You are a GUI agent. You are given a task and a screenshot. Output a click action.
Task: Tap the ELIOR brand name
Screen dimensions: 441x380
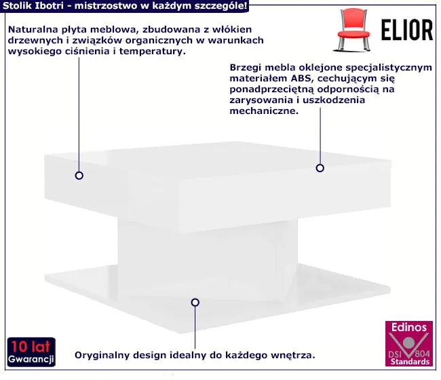[407, 30]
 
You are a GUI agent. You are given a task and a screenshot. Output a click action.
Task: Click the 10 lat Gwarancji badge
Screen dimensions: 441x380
[31, 352]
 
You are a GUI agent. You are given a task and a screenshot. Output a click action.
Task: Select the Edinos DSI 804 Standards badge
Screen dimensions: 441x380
[409, 343]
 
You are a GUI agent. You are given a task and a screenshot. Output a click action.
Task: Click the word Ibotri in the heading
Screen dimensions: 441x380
[50, 5]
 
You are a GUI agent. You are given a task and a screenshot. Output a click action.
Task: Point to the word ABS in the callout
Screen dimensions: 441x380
[301, 78]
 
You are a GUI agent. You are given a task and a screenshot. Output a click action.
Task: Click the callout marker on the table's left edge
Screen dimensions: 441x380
[79, 176]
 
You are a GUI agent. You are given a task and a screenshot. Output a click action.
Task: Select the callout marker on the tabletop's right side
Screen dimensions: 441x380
[320, 168]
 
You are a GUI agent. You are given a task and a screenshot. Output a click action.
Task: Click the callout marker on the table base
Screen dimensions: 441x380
[195, 303]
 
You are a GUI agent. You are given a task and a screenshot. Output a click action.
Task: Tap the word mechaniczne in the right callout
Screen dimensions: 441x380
[264, 111]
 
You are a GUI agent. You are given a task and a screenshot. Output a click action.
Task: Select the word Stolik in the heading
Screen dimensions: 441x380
[17, 5]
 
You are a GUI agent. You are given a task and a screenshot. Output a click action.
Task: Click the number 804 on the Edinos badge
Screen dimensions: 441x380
[422, 354]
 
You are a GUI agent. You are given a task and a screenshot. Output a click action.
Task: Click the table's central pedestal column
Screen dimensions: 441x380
[208, 259]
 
